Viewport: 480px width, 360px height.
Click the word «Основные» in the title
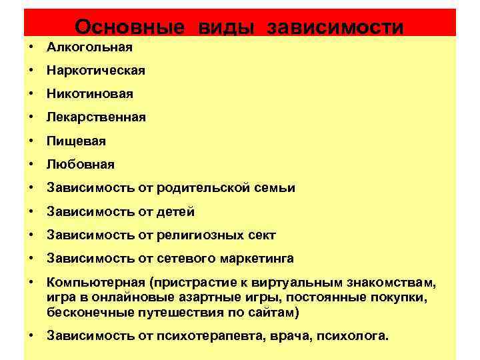point(129,27)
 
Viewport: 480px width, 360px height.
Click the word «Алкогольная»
point(89,47)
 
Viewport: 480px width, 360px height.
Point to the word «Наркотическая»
point(95,71)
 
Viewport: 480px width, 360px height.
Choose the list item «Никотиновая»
point(90,94)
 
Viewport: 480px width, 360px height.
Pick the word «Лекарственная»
point(96,117)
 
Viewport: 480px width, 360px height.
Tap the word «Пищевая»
point(76,141)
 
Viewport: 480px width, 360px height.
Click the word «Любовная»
point(80,165)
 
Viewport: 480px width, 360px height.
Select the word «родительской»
point(204,188)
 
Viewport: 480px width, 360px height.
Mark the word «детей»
point(176,212)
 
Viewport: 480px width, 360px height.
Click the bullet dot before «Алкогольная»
point(31,47)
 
